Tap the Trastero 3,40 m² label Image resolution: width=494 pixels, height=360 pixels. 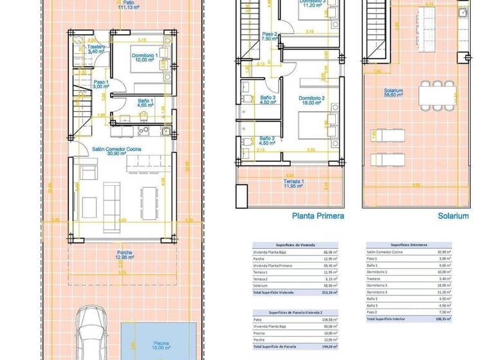point(96,50)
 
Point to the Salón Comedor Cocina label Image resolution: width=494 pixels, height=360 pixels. point(116,152)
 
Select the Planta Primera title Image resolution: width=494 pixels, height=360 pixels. point(318,217)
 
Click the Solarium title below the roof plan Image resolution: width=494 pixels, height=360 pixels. point(453,217)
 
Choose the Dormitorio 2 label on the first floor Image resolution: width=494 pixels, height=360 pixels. point(311,102)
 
